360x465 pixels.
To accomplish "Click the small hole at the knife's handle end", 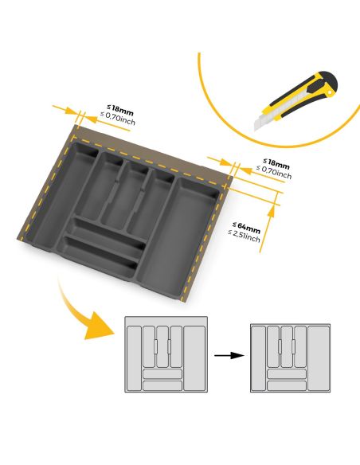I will click(x=327, y=93).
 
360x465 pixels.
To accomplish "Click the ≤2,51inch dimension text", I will click(x=244, y=236).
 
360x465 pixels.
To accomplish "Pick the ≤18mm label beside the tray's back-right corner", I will click(x=276, y=162).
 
